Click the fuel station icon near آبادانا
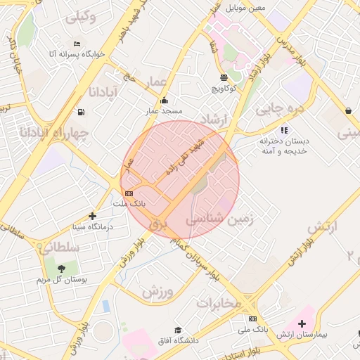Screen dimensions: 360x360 (x=82, y=111)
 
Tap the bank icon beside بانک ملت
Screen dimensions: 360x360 (x=128, y=193)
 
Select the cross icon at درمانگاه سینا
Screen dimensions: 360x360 (x=92, y=217)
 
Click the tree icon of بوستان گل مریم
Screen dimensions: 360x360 (x=61, y=269)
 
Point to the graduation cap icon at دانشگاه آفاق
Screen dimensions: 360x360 (x=178, y=329)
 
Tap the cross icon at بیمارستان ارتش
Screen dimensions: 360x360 (x=302, y=323)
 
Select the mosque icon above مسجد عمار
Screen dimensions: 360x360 (x=164, y=101)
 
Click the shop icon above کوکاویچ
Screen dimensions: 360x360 (x=224, y=78)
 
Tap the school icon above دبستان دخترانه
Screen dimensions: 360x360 (x=283, y=129)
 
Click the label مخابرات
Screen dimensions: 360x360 (x=218, y=303)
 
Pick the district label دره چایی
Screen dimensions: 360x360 (x=279, y=108)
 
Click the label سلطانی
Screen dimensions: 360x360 (x=62, y=247)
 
